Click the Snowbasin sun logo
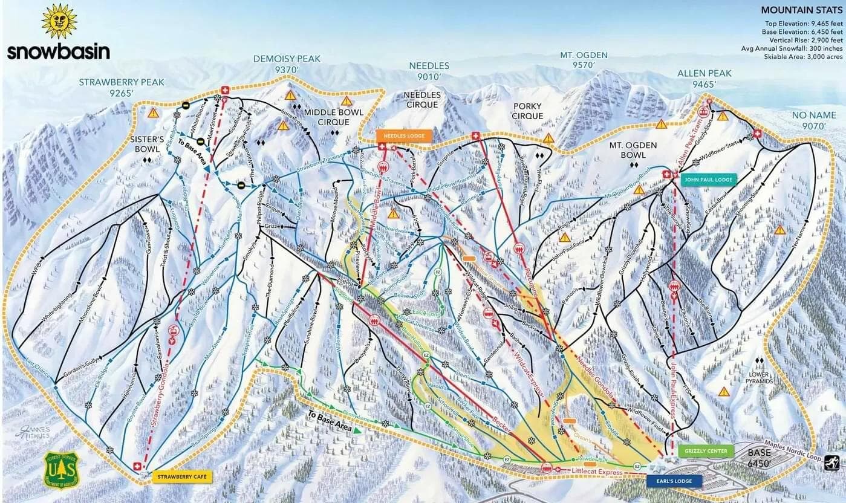(59, 21)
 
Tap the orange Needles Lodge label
(404, 136)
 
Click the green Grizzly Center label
(705, 451)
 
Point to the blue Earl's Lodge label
(674, 481)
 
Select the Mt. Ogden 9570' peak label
(584, 60)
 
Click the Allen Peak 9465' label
(704, 79)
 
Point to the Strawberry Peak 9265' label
(114, 87)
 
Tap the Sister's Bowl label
(147, 144)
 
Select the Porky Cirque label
(527, 112)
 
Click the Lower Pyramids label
(760, 378)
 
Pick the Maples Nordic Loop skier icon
(831, 463)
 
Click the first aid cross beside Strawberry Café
(137, 467)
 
